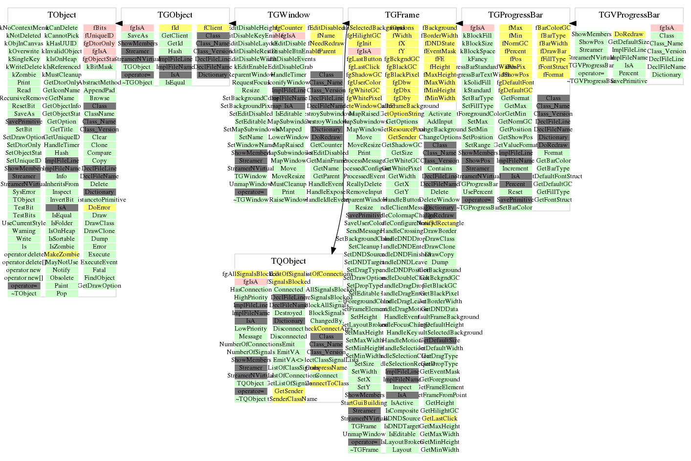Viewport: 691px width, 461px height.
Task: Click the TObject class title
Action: pos(62,15)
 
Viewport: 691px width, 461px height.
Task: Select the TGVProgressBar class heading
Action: pos(629,15)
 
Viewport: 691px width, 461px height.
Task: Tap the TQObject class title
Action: pos(289,261)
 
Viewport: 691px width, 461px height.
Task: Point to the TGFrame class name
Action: pos(402,15)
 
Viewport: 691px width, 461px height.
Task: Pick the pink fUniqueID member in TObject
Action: pos(99,36)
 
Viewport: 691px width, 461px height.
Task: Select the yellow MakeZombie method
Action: pos(62,254)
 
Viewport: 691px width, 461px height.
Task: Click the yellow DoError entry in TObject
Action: pos(99,208)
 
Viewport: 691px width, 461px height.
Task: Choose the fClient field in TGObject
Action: pos(213,28)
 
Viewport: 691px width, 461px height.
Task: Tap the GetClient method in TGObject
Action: pos(175,36)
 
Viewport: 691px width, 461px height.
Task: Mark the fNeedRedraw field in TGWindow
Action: pos(326,43)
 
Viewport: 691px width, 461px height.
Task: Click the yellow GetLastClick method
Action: pos(440,419)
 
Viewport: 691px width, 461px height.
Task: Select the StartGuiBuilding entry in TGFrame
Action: pos(364,403)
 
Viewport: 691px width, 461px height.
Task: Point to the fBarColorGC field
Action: pos(553,28)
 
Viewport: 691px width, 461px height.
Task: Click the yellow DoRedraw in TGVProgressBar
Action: pos(629,34)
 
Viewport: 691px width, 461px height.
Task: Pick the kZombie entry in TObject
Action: pos(24,75)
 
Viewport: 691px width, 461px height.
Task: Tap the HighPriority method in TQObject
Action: pos(251,297)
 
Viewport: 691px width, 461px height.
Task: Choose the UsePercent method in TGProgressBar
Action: pos(478,192)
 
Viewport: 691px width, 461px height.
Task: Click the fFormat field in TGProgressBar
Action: pos(553,75)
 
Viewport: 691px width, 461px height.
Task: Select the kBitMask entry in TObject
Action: pos(99,67)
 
